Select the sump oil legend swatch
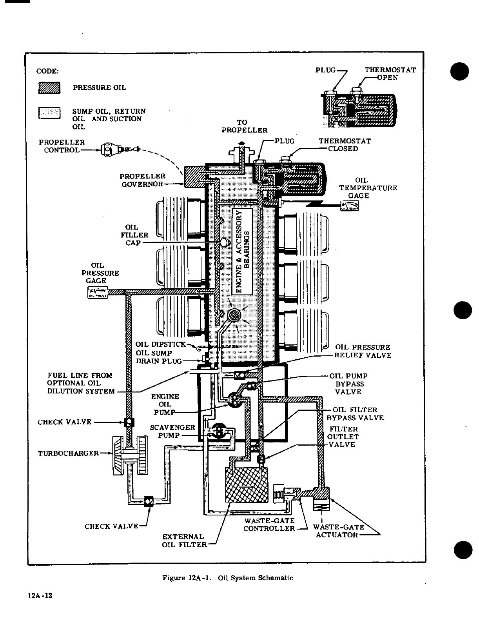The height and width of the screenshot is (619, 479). click(49, 113)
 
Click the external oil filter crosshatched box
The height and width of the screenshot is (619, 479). click(246, 485)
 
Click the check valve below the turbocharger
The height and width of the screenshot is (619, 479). click(149, 501)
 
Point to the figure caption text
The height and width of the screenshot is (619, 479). click(228, 578)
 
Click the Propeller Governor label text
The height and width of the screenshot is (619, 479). click(142, 180)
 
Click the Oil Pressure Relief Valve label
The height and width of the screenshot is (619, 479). click(363, 351)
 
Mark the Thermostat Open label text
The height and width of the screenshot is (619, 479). click(390, 74)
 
